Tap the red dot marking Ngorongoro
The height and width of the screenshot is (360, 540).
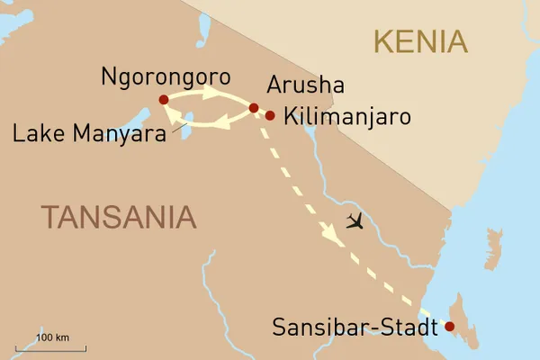click(163, 100)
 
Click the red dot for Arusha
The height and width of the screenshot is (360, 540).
click(254, 108)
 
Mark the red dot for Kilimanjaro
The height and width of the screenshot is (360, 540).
click(269, 115)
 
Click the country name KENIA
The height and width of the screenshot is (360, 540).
click(420, 41)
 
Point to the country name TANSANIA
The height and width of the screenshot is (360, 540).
click(118, 216)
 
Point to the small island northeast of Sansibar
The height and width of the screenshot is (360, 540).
click(492, 242)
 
